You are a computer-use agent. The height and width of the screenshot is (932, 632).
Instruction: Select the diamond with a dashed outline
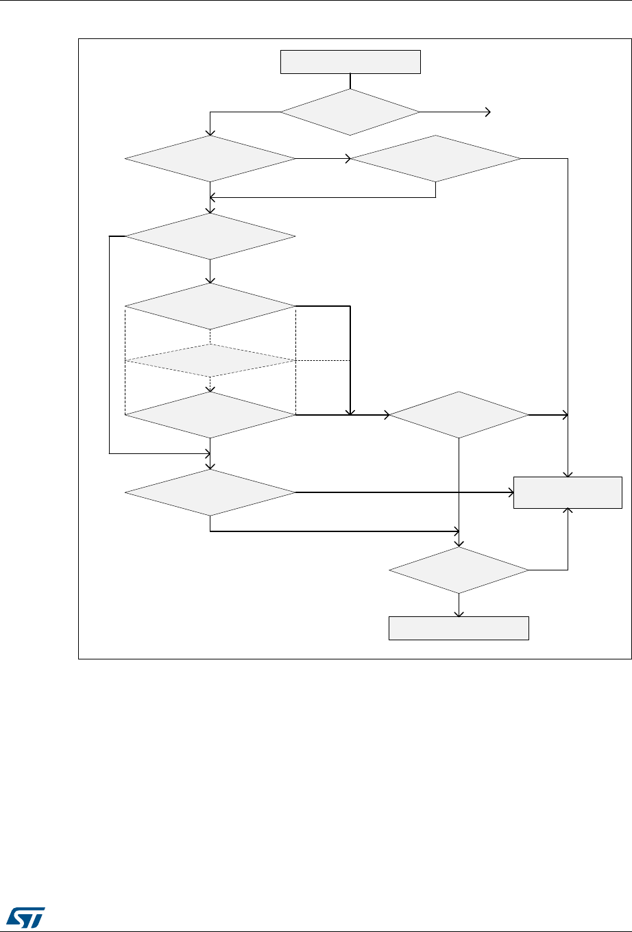click(210, 360)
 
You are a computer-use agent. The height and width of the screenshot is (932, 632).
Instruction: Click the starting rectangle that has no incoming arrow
click(350, 62)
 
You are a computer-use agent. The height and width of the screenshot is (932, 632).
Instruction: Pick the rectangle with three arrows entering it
click(568, 492)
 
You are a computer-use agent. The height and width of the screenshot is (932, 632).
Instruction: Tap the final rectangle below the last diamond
click(459, 628)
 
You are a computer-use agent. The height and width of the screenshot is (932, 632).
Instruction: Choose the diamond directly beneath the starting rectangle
click(350, 112)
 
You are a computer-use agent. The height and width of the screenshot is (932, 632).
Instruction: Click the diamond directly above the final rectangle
click(459, 570)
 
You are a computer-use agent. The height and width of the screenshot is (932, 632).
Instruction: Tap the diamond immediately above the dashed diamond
click(210, 306)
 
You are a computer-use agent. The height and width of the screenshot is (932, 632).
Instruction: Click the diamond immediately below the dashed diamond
click(210, 414)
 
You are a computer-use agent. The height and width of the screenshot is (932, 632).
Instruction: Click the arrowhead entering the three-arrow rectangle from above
click(568, 474)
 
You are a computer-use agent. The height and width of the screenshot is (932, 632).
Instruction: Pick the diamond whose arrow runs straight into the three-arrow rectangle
click(210, 492)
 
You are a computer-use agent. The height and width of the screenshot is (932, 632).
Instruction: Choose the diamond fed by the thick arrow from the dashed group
click(459, 415)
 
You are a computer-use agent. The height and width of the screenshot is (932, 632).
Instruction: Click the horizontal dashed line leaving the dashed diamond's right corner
click(323, 360)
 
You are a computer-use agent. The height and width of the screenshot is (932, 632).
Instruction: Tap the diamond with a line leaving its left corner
click(210, 236)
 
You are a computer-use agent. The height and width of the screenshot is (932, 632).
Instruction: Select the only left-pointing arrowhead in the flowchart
click(212, 197)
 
